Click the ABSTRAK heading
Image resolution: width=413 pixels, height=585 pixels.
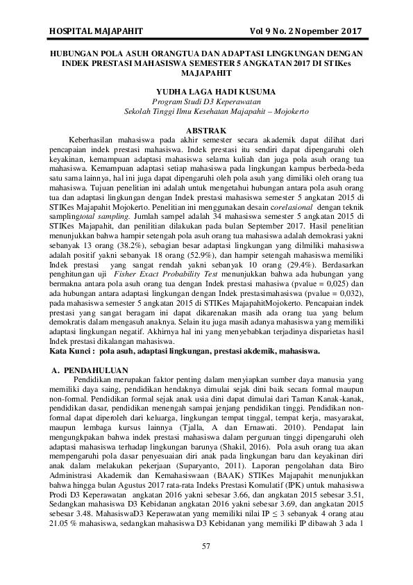206,131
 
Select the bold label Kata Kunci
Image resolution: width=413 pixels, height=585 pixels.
72,352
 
